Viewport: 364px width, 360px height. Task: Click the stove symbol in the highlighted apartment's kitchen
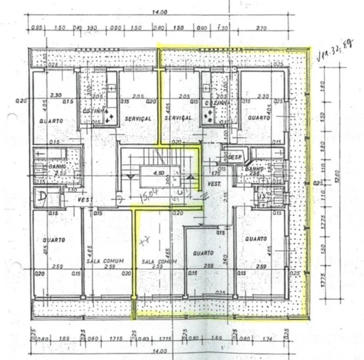212,120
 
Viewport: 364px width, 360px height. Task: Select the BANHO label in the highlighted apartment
255,169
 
